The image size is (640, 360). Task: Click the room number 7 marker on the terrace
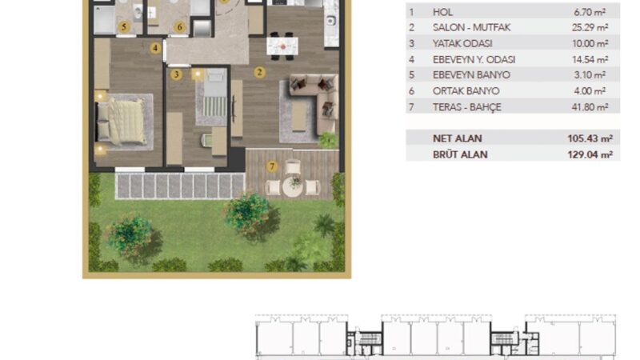pyautogui.click(x=272, y=166)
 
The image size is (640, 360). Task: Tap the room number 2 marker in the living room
pyautogui.click(x=259, y=72)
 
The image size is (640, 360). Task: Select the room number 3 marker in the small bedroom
pyautogui.click(x=175, y=74)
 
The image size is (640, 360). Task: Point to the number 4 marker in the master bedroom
pyautogui.click(x=155, y=47)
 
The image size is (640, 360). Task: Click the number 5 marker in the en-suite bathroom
pyautogui.click(x=123, y=26)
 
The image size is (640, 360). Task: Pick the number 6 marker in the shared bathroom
pyautogui.click(x=179, y=26)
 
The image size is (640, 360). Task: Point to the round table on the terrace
pyautogui.click(x=294, y=186)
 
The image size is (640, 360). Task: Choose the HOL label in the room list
pyautogui.click(x=442, y=13)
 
